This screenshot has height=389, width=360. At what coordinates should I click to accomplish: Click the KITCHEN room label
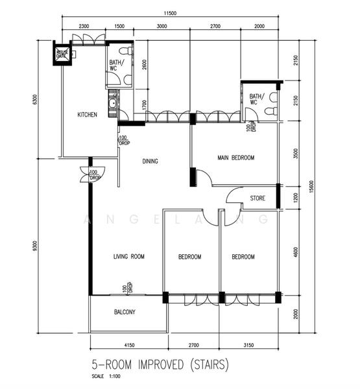[88, 115]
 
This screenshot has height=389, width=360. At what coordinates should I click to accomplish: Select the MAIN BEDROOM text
[235, 158]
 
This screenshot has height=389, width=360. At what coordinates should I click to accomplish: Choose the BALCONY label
[125, 312]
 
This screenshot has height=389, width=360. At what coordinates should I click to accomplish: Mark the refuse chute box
[63, 54]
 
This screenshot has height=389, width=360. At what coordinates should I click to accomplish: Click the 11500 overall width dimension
[171, 14]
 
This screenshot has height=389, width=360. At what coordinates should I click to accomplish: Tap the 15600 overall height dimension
[312, 186]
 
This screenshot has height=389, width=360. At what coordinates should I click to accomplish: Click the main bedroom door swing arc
[204, 177]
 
